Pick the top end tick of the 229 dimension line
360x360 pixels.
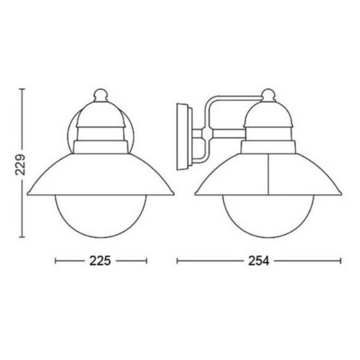pos(22,89)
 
